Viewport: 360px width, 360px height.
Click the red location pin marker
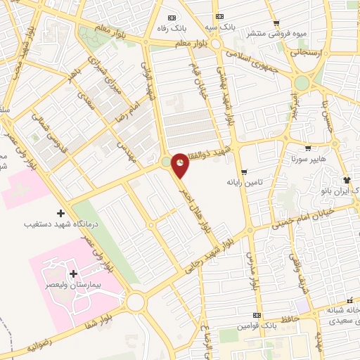pos(181,165)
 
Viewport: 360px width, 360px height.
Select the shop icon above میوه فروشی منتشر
pos(276,23)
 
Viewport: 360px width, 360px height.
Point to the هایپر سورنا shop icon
pos(307,148)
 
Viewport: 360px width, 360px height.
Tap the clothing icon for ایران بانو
pos(346,180)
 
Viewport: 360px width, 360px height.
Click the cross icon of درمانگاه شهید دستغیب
pos(60,213)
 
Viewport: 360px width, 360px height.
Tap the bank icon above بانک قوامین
pos(257,314)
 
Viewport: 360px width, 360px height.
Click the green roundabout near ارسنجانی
pos(302,83)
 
